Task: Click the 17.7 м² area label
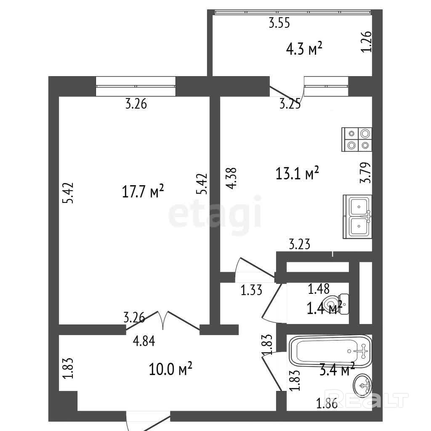click(x=143, y=191)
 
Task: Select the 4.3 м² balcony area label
click(x=304, y=49)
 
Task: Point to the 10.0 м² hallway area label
click(x=170, y=369)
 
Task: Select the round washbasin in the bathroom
click(x=362, y=385)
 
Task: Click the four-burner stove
click(x=357, y=139)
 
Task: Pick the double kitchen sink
click(x=357, y=217)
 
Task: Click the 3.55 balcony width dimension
click(x=279, y=23)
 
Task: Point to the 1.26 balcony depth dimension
click(x=366, y=42)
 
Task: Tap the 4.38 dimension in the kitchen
click(x=231, y=178)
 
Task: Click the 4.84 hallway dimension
click(x=144, y=341)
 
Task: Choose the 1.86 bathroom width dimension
click(x=327, y=404)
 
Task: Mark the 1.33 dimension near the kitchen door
click(x=252, y=290)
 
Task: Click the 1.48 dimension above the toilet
click(x=319, y=289)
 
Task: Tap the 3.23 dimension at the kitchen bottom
click(x=300, y=244)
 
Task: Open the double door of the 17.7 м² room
click(x=163, y=320)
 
